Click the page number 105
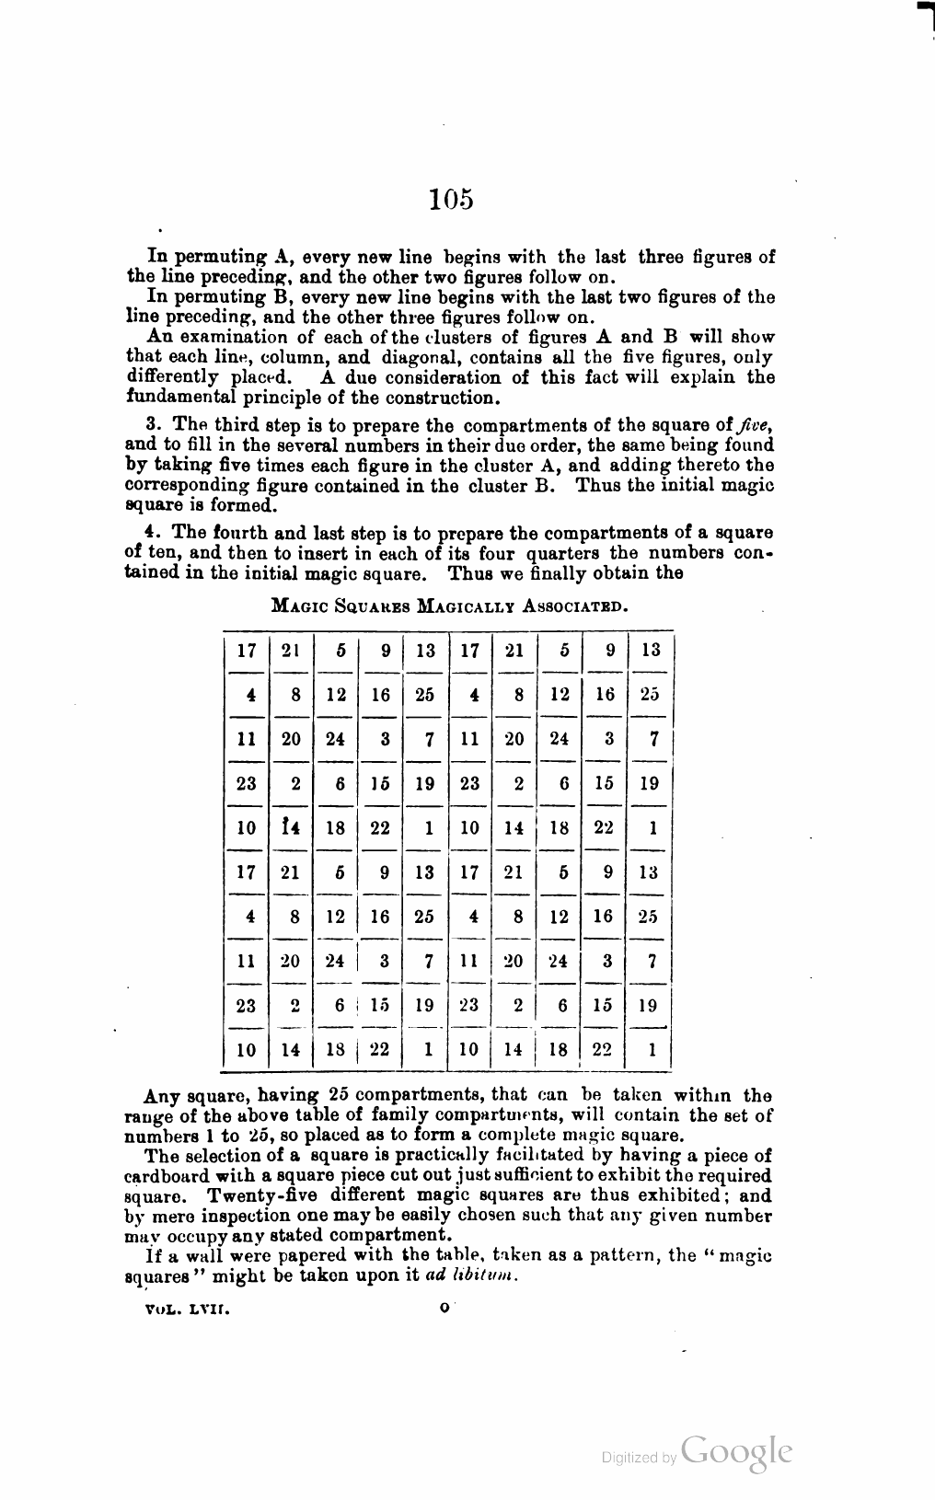(x=451, y=199)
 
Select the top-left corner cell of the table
(x=246, y=651)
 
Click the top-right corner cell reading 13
(x=651, y=651)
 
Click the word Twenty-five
(x=260, y=1196)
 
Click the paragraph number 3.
(x=152, y=425)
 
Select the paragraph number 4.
(x=152, y=533)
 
